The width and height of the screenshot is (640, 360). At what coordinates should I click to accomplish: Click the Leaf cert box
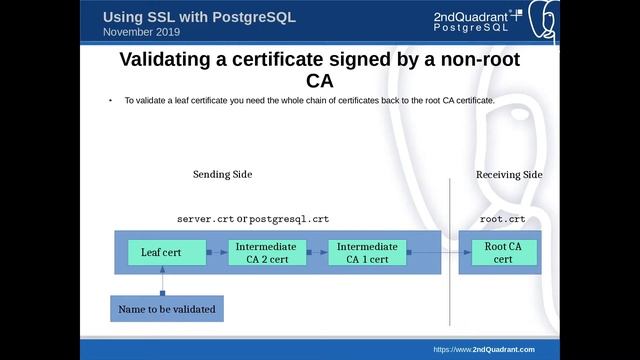tap(161, 253)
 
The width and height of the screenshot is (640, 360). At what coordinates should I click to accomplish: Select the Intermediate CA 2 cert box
tap(264, 253)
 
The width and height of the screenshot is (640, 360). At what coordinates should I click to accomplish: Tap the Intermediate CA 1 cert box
tap(367, 253)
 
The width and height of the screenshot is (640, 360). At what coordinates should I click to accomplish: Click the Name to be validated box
tap(166, 309)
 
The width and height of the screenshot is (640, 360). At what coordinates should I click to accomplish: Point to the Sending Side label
tap(222, 175)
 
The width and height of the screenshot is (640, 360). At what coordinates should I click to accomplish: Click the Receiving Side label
tap(509, 175)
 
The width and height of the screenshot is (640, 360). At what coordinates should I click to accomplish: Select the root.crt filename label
tap(502, 218)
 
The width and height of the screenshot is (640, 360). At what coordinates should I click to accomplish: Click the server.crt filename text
tap(205, 218)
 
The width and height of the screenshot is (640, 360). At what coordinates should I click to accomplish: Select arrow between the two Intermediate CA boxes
tap(315, 253)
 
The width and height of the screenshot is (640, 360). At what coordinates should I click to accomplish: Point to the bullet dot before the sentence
tap(110, 102)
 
